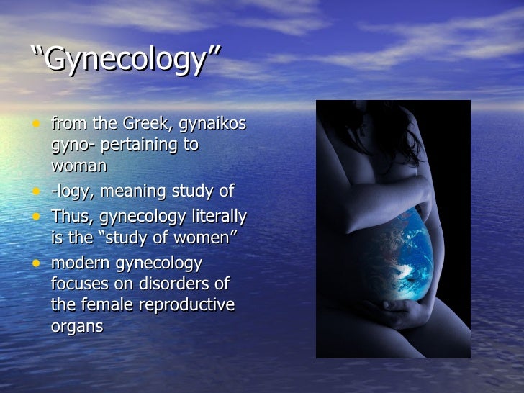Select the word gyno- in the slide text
coord(73,145)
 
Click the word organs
coord(77,325)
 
